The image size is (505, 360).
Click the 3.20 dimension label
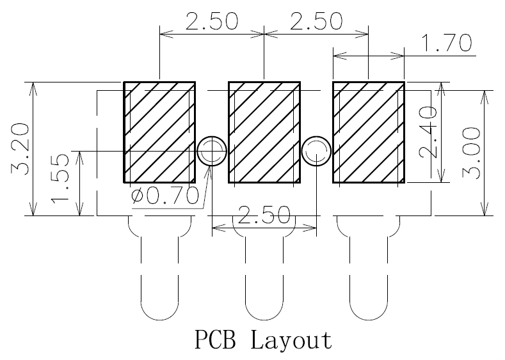[x=20, y=148]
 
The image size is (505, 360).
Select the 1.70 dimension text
[x=447, y=43]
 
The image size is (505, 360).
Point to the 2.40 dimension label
[x=428, y=132]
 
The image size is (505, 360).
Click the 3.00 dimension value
[x=471, y=152]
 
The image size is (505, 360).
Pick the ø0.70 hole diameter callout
[x=165, y=196]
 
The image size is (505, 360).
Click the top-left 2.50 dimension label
[x=212, y=21]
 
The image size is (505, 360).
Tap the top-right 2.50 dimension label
[x=316, y=21]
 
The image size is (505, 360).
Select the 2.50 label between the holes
[x=264, y=215]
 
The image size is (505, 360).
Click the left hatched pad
[x=160, y=132]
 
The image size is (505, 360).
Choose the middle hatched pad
[x=264, y=132]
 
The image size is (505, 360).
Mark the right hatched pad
[x=369, y=132]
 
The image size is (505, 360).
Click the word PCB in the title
[x=216, y=340]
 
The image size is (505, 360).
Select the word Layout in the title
[x=291, y=340]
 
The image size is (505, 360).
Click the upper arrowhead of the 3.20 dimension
[x=33, y=89]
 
